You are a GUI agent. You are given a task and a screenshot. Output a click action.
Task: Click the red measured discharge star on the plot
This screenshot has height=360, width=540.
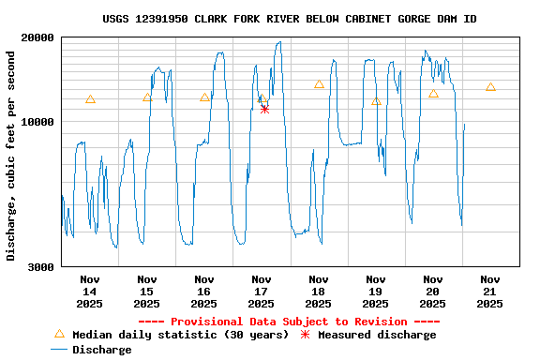pos(264,109)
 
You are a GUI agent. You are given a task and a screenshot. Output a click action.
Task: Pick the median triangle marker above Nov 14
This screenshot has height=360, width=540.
pos(90,99)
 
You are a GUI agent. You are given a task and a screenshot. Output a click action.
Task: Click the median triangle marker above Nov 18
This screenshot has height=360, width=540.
pos(319,84)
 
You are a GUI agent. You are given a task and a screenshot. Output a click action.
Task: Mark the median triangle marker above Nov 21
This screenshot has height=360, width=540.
pos(490,87)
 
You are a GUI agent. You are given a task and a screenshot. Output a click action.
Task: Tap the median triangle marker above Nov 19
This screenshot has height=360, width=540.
pos(376,101)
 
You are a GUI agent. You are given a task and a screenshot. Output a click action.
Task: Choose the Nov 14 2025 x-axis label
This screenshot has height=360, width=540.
pos(90,291)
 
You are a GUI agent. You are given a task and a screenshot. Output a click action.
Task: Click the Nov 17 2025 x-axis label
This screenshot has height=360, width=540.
pos(262,291)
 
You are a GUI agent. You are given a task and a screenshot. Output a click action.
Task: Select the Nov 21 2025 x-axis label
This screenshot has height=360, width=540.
pos(489,291)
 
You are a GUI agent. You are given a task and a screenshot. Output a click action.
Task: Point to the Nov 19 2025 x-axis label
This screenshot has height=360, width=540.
pos(375,291)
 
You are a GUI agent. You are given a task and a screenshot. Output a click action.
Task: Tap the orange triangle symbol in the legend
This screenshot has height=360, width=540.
pos(59,334)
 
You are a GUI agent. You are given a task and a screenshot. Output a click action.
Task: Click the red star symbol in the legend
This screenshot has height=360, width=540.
pos(305,335)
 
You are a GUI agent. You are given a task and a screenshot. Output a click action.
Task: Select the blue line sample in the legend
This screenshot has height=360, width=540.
pos(59,350)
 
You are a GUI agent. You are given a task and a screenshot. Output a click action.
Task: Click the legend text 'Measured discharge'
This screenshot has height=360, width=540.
pos(377,335)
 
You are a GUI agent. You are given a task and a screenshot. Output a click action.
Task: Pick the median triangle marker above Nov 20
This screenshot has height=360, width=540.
pos(433,94)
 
